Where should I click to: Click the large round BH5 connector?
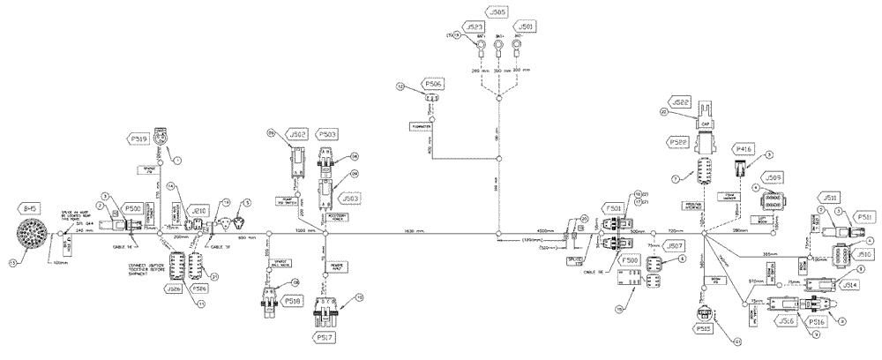point(36,234)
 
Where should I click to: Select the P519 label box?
point(139,139)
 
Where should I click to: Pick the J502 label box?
point(297,135)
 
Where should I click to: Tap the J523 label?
point(475,27)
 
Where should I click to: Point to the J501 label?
point(526,27)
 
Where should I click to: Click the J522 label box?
point(684,102)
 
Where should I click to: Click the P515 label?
point(704,329)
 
